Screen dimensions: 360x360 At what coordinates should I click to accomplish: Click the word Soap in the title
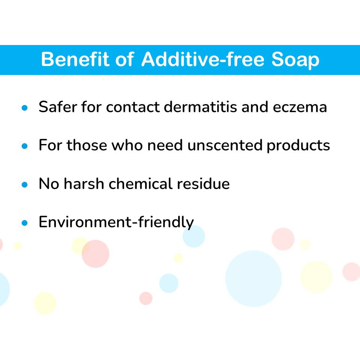point(295,60)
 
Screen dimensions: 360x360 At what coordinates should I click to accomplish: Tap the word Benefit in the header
point(75,59)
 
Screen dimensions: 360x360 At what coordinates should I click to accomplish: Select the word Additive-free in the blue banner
point(203,59)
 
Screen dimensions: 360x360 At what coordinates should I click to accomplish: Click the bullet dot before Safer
point(25,108)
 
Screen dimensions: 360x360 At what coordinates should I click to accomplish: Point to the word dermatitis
point(200,107)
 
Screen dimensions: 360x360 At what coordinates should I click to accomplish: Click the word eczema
point(300,108)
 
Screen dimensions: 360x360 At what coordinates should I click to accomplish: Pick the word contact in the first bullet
point(133,107)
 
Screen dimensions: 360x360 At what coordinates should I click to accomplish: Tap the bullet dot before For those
point(25,146)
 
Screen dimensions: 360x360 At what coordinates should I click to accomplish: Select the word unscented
point(225,145)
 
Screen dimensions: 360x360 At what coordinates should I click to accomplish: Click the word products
point(298,146)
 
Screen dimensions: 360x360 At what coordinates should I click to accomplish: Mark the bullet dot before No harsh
point(25,184)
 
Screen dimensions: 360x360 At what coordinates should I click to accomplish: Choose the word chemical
point(140,183)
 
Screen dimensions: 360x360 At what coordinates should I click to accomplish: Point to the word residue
point(203,183)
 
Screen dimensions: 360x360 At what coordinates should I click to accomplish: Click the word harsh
point(84,183)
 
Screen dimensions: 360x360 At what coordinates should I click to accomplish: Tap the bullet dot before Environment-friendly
point(25,223)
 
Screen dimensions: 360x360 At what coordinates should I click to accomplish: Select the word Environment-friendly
point(116,222)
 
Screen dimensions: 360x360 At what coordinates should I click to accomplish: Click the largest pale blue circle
point(253,279)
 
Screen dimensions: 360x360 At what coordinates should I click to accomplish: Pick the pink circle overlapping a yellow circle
point(96,254)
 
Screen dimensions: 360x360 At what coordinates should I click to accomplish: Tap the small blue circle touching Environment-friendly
point(193,236)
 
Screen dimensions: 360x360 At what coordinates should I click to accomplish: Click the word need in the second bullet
point(165,145)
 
